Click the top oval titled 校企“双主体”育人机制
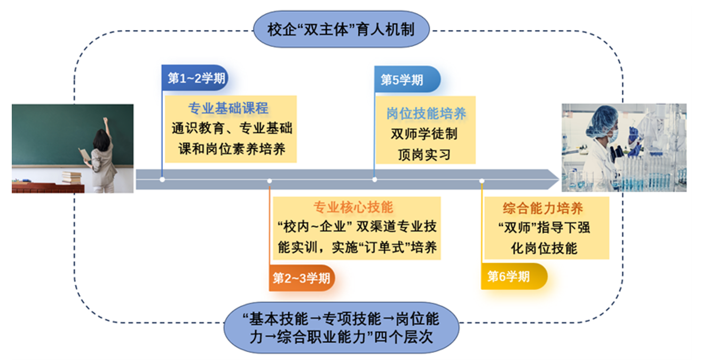tap(341, 29)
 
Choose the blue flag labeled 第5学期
tap(406, 80)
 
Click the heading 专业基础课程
tap(228, 109)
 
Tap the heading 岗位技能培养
tap(426, 113)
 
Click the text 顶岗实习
tap(424, 154)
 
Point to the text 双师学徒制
tap(424, 134)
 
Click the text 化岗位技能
tap(544, 248)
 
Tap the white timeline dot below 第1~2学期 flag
tap(162, 179)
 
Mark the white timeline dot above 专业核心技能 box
tap(270, 181)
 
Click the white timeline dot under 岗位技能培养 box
tap(374, 179)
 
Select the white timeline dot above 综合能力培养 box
tap(482, 181)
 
